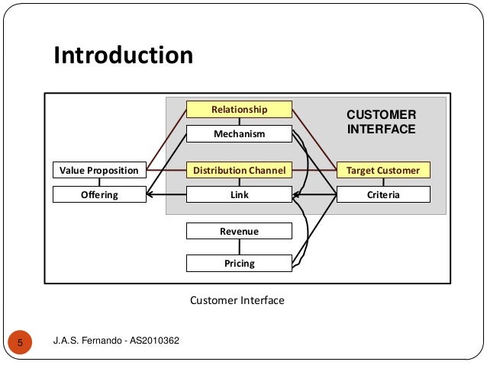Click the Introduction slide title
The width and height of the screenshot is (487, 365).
[x=122, y=56]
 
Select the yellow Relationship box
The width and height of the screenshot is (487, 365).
[x=239, y=110]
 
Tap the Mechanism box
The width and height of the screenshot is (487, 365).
[x=239, y=134]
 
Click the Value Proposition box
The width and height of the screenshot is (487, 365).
[x=99, y=170]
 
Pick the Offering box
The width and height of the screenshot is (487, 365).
[x=99, y=194]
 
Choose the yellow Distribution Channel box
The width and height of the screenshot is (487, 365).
[x=239, y=170]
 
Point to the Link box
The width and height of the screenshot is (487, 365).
[x=239, y=194]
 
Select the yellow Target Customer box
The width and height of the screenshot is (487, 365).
[x=383, y=170]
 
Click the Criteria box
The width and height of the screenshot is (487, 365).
[x=383, y=194]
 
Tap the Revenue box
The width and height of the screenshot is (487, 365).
[x=239, y=231]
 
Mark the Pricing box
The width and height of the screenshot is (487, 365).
[x=239, y=264]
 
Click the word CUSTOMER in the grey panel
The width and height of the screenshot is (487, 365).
[x=382, y=114]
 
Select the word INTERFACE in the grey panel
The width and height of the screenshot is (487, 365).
[x=382, y=130]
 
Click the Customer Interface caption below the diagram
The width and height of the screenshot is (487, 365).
[x=237, y=300]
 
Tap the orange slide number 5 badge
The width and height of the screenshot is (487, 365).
[x=21, y=341]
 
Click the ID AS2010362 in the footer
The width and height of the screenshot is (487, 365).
[x=153, y=340]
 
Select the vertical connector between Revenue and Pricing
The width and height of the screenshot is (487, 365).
[x=239, y=247]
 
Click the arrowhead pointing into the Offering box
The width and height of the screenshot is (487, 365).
[x=150, y=195]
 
